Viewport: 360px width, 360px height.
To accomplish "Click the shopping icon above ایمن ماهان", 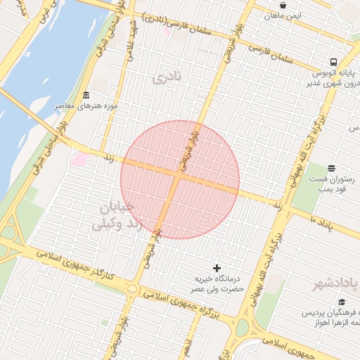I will click(283, 5).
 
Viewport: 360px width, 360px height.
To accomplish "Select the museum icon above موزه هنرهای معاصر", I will click(86, 96).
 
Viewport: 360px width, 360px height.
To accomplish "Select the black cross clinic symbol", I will click(217, 267).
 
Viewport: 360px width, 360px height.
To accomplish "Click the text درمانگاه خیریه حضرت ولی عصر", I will click(219, 283).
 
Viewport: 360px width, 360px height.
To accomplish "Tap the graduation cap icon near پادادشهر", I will click(342, 302).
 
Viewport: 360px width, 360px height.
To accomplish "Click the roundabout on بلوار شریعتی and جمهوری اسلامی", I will click(131, 288).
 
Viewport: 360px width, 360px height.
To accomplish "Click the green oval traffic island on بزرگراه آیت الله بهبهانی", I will click(242, 327).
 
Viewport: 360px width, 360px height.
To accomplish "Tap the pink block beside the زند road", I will click(79, 159).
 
